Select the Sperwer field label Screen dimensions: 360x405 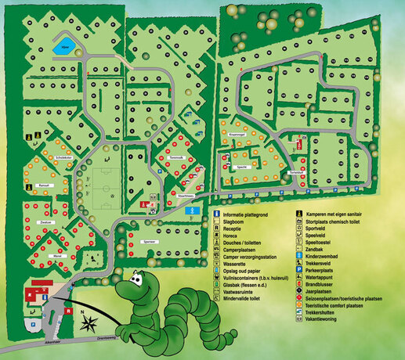click(152, 242)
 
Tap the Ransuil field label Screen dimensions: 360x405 click(44, 185)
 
